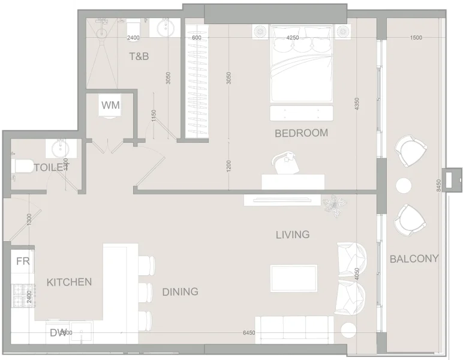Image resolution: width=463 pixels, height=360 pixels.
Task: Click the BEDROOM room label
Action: [301, 133]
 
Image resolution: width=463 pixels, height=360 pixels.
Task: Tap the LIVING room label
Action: [293, 235]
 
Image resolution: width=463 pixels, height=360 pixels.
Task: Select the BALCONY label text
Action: [414, 259]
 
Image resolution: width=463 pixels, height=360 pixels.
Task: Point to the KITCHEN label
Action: [69, 282]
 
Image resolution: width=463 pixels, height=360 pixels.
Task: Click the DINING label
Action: [180, 292]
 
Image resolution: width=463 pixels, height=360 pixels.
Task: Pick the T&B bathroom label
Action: [139, 57]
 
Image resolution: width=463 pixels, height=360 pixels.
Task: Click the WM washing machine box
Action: [110, 106]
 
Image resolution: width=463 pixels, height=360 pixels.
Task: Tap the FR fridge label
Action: [23, 262]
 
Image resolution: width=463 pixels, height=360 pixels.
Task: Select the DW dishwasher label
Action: [58, 332]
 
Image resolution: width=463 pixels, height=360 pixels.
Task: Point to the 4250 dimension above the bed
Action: [293, 38]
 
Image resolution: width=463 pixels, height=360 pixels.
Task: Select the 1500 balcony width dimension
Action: [416, 38]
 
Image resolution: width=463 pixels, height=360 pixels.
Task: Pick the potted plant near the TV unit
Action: [333, 205]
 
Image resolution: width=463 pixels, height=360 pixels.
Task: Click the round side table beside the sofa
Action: [349, 331]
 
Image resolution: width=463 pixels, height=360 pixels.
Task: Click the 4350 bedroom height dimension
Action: [357, 103]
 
